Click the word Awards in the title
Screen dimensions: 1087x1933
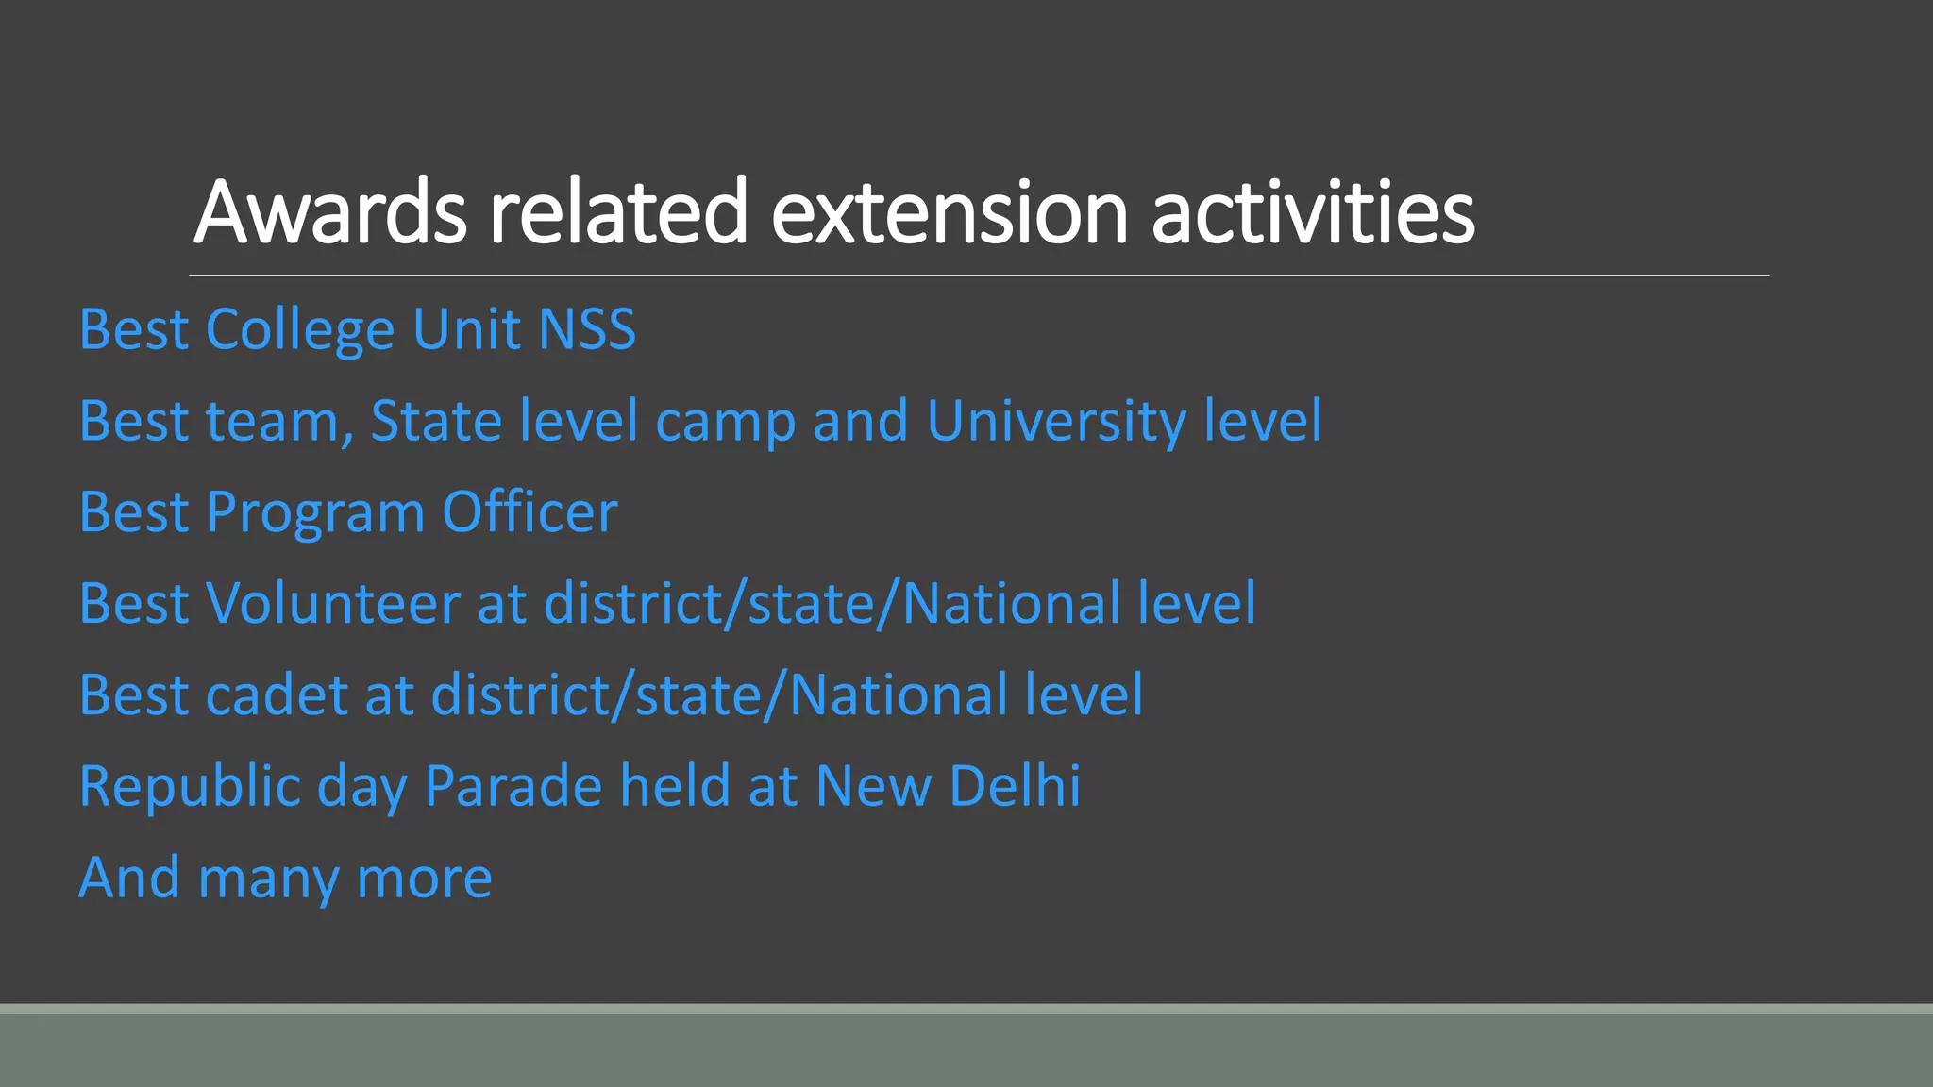(x=330, y=212)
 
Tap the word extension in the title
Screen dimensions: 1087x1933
(x=949, y=212)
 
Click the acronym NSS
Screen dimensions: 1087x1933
(x=587, y=329)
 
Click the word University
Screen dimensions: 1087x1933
(x=1056, y=422)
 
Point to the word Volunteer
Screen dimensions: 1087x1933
(x=332, y=603)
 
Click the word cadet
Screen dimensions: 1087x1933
(x=277, y=695)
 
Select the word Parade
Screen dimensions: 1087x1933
(x=513, y=786)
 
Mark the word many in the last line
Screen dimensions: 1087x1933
(x=268, y=879)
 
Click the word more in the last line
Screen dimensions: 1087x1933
(x=424, y=879)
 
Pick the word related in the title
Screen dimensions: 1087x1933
(x=618, y=212)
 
